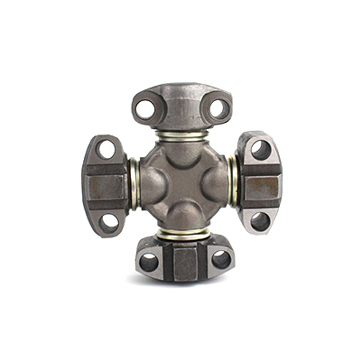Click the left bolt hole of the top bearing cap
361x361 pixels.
[x=144, y=109]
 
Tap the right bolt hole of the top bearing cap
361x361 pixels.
[x=218, y=108]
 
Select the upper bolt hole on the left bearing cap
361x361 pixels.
[x=106, y=149]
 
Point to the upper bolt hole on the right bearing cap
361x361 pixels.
[x=260, y=150]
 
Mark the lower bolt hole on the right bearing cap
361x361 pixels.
[x=259, y=220]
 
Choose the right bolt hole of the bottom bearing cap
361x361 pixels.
[x=219, y=261]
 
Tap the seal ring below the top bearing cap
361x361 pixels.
[x=181, y=138]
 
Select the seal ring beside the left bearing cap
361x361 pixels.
[x=133, y=184]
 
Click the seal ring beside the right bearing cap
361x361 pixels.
[x=233, y=184]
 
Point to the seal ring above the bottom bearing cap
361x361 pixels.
[x=182, y=234]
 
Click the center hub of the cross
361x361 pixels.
[x=182, y=185]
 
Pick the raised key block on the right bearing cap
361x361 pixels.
[x=261, y=185]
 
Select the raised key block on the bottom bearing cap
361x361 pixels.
[x=185, y=263]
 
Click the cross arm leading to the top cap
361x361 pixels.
[x=181, y=155]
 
